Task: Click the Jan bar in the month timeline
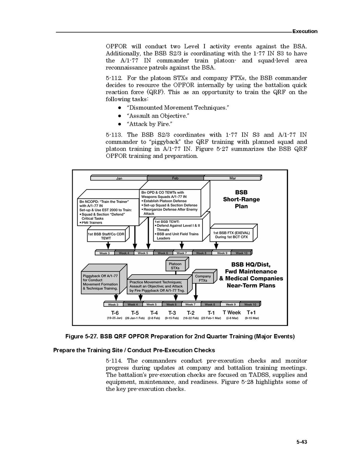tap(119, 178)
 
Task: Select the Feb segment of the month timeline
tap(175, 178)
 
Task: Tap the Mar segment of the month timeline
tap(232, 178)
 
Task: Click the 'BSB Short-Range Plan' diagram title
tap(241, 199)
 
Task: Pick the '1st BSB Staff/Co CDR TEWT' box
tap(106, 236)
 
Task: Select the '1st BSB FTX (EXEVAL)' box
tap(231, 235)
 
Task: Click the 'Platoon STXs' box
tap(175, 266)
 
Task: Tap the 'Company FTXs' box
tap(203, 278)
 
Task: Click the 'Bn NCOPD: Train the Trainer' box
tap(107, 212)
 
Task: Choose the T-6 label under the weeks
tap(115, 313)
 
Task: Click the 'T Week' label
tap(231, 313)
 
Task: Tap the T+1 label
tap(251, 313)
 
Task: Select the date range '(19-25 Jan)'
tap(115, 318)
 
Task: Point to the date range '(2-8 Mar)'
tap(232, 318)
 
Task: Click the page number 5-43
tap(302, 441)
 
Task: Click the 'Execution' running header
tap(305, 31)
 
